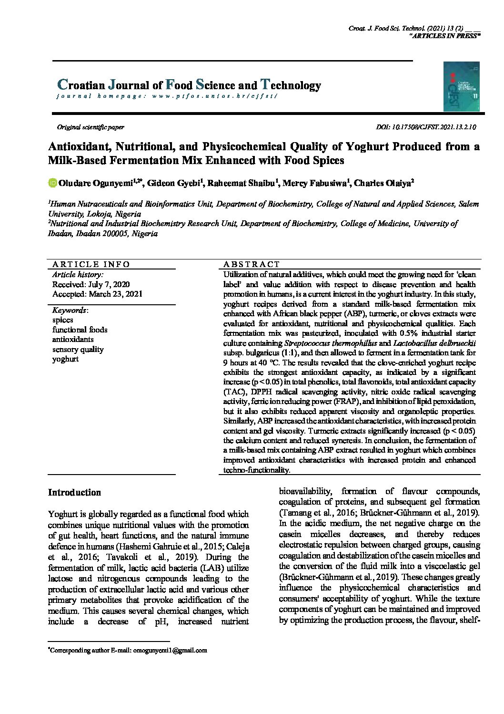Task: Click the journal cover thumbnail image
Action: [461, 86]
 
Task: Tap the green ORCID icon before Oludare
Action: [52, 183]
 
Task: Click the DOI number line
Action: [426, 127]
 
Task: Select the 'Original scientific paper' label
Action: [91, 127]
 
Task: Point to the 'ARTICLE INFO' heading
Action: [91, 264]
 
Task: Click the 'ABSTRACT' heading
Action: [252, 264]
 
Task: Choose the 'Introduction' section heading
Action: [74, 493]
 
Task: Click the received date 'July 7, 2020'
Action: [109, 284]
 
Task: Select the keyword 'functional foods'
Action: [80, 330]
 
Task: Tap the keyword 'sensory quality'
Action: [78, 349]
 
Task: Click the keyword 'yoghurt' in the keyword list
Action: [65, 359]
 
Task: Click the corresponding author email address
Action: [170, 650]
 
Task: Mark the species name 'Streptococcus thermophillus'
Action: [331, 343]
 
